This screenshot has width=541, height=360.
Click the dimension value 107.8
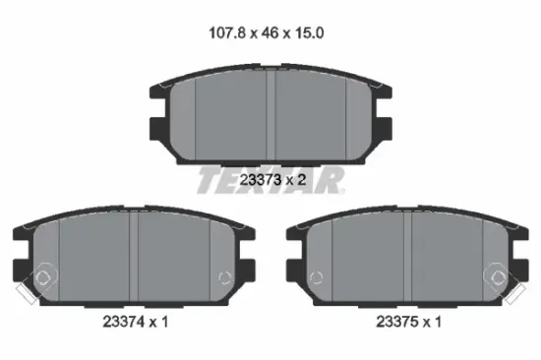pos(227,33)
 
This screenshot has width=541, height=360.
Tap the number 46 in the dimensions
pos(270,33)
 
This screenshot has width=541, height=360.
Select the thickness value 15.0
pos(309,33)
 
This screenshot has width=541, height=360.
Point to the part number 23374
pos(123,322)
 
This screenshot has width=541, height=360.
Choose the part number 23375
pos(396,322)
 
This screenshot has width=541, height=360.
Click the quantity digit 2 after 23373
pos(302,180)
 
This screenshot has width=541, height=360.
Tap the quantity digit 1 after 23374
pos(164,322)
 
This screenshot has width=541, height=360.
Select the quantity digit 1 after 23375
pos(438,322)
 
